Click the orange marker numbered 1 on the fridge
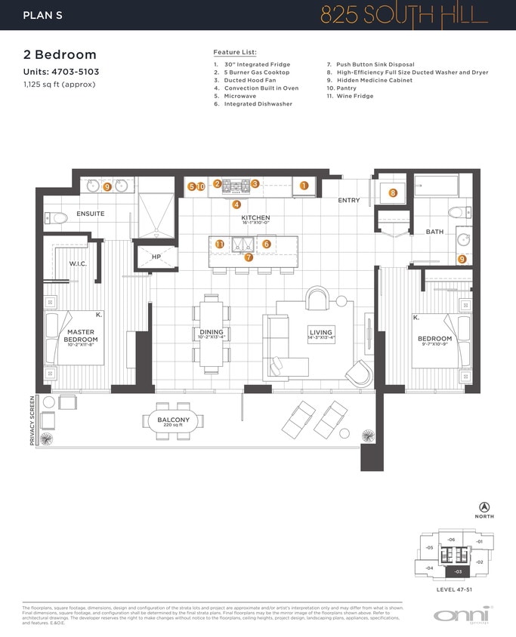pyautogui.click(x=304, y=185)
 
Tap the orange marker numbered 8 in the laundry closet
pyautogui.click(x=393, y=193)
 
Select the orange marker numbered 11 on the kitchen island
pyautogui.click(x=219, y=245)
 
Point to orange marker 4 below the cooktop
pyautogui.click(x=236, y=204)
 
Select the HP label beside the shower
pyautogui.click(x=156, y=257)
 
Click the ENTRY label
pyautogui.click(x=349, y=201)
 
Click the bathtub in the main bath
pyautogui.click(x=436, y=186)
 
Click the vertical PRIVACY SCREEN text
pyautogui.click(x=32, y=421)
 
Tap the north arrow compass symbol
pyautogui.click(x=484, y=506)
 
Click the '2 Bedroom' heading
pyautogui.click(x=60, y=55)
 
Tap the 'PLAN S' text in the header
pyautogui.click(x=43, y=15)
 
